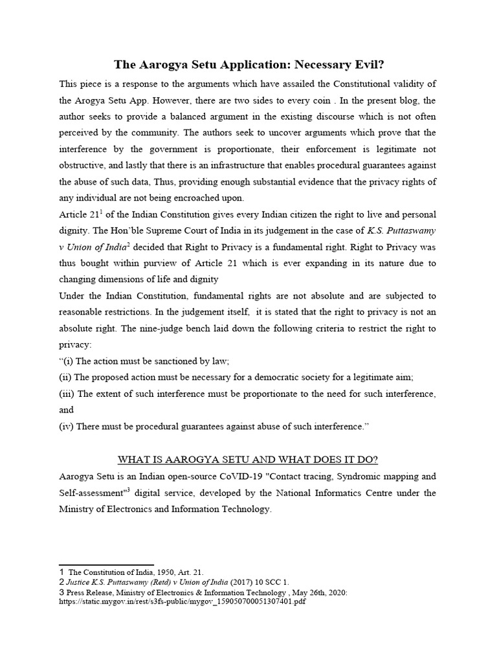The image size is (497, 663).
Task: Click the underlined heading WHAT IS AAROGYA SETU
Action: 248,460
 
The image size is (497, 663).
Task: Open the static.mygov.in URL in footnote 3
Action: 182,601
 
